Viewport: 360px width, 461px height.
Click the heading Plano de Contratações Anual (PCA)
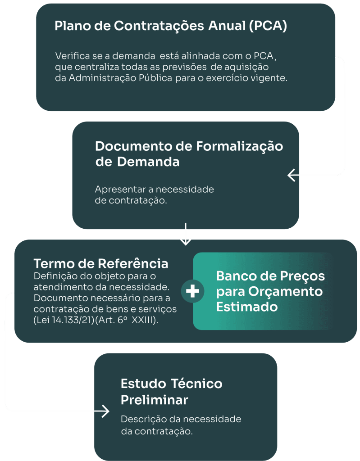(x=171, y=26)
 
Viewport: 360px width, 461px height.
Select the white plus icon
(x=192, y=291)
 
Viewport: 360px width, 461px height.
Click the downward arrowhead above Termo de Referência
(x=185, y=240)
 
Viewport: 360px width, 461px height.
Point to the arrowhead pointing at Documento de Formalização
(x=292, y=175)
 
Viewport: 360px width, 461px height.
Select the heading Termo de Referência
(x=101, y=263)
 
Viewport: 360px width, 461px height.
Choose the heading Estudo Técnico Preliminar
(x=171, y=392)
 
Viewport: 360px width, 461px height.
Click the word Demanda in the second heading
(x=148, y=162)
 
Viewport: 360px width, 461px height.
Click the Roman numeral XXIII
(x=145, y=320)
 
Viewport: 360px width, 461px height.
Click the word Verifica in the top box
(x=70, y=57)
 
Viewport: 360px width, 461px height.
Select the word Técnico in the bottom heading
(x=197, y=384)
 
